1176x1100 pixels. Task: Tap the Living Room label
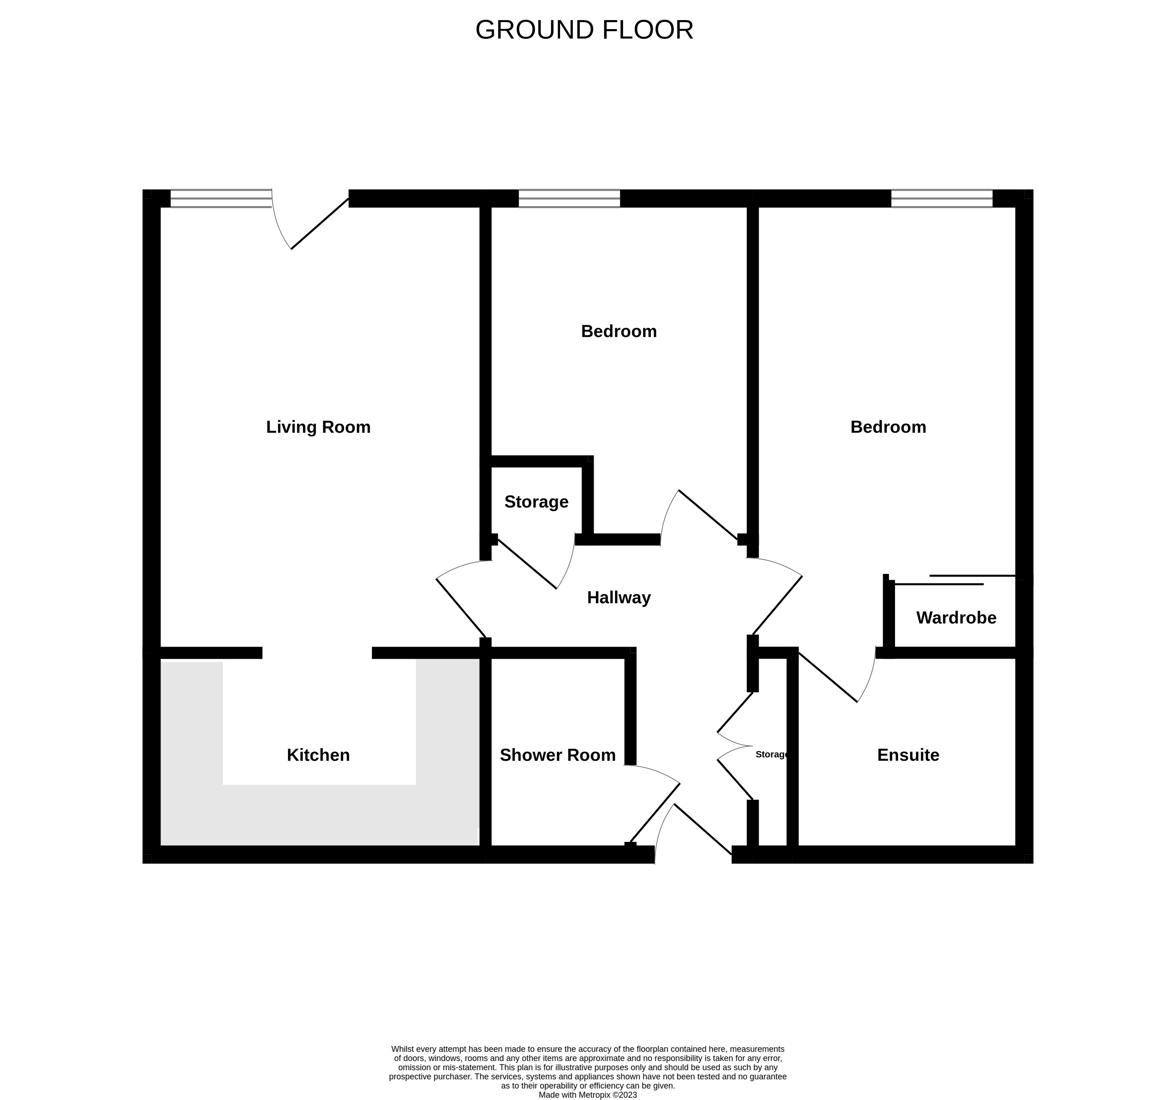[318, 427]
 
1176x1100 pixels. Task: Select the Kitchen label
[318, 755]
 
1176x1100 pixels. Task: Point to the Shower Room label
[558, 755]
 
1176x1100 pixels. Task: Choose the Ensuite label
[908, 755]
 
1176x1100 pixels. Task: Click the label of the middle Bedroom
[619, 331]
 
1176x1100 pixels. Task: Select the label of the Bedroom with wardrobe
[888, 427]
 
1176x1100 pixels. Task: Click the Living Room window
[221, 199]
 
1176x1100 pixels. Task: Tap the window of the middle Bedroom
[569, 199]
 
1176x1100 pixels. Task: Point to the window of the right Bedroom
[942, 199]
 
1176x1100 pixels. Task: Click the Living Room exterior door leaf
[320, 224]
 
